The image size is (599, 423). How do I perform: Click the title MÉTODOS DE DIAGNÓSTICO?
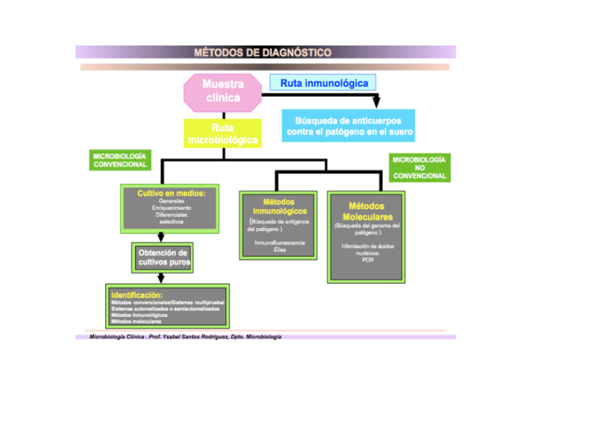click(x=262, y=52)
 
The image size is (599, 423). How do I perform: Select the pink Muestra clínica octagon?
click(x=223, y=92)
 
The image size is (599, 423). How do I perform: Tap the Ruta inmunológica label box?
click(x=324, y=83)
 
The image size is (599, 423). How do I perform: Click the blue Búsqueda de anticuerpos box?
click(x=348, y=126)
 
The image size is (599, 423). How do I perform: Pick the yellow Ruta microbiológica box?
click(x=223, y=134)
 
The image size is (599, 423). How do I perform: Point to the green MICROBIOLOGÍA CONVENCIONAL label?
click(x=121, y=160)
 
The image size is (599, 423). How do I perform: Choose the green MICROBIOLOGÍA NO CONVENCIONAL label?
click(x=420, y=168)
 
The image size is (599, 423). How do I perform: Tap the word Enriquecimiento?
click(x=171, y=208)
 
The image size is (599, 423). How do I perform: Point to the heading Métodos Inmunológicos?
click(x=280, y=206)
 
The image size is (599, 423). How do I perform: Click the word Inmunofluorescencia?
click(x=280, y=242)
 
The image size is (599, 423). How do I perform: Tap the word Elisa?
click(x=280, y=249)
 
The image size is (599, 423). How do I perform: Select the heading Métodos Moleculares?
click(x=366, y=211)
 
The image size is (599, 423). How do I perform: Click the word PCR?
click(x=367, y=260)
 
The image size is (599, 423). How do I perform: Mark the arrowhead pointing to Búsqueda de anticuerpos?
click(x=376, y=103)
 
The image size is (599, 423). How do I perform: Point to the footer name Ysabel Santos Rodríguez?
click(x=195, y=337)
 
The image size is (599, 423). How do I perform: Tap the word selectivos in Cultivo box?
click(x=171, y=222)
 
